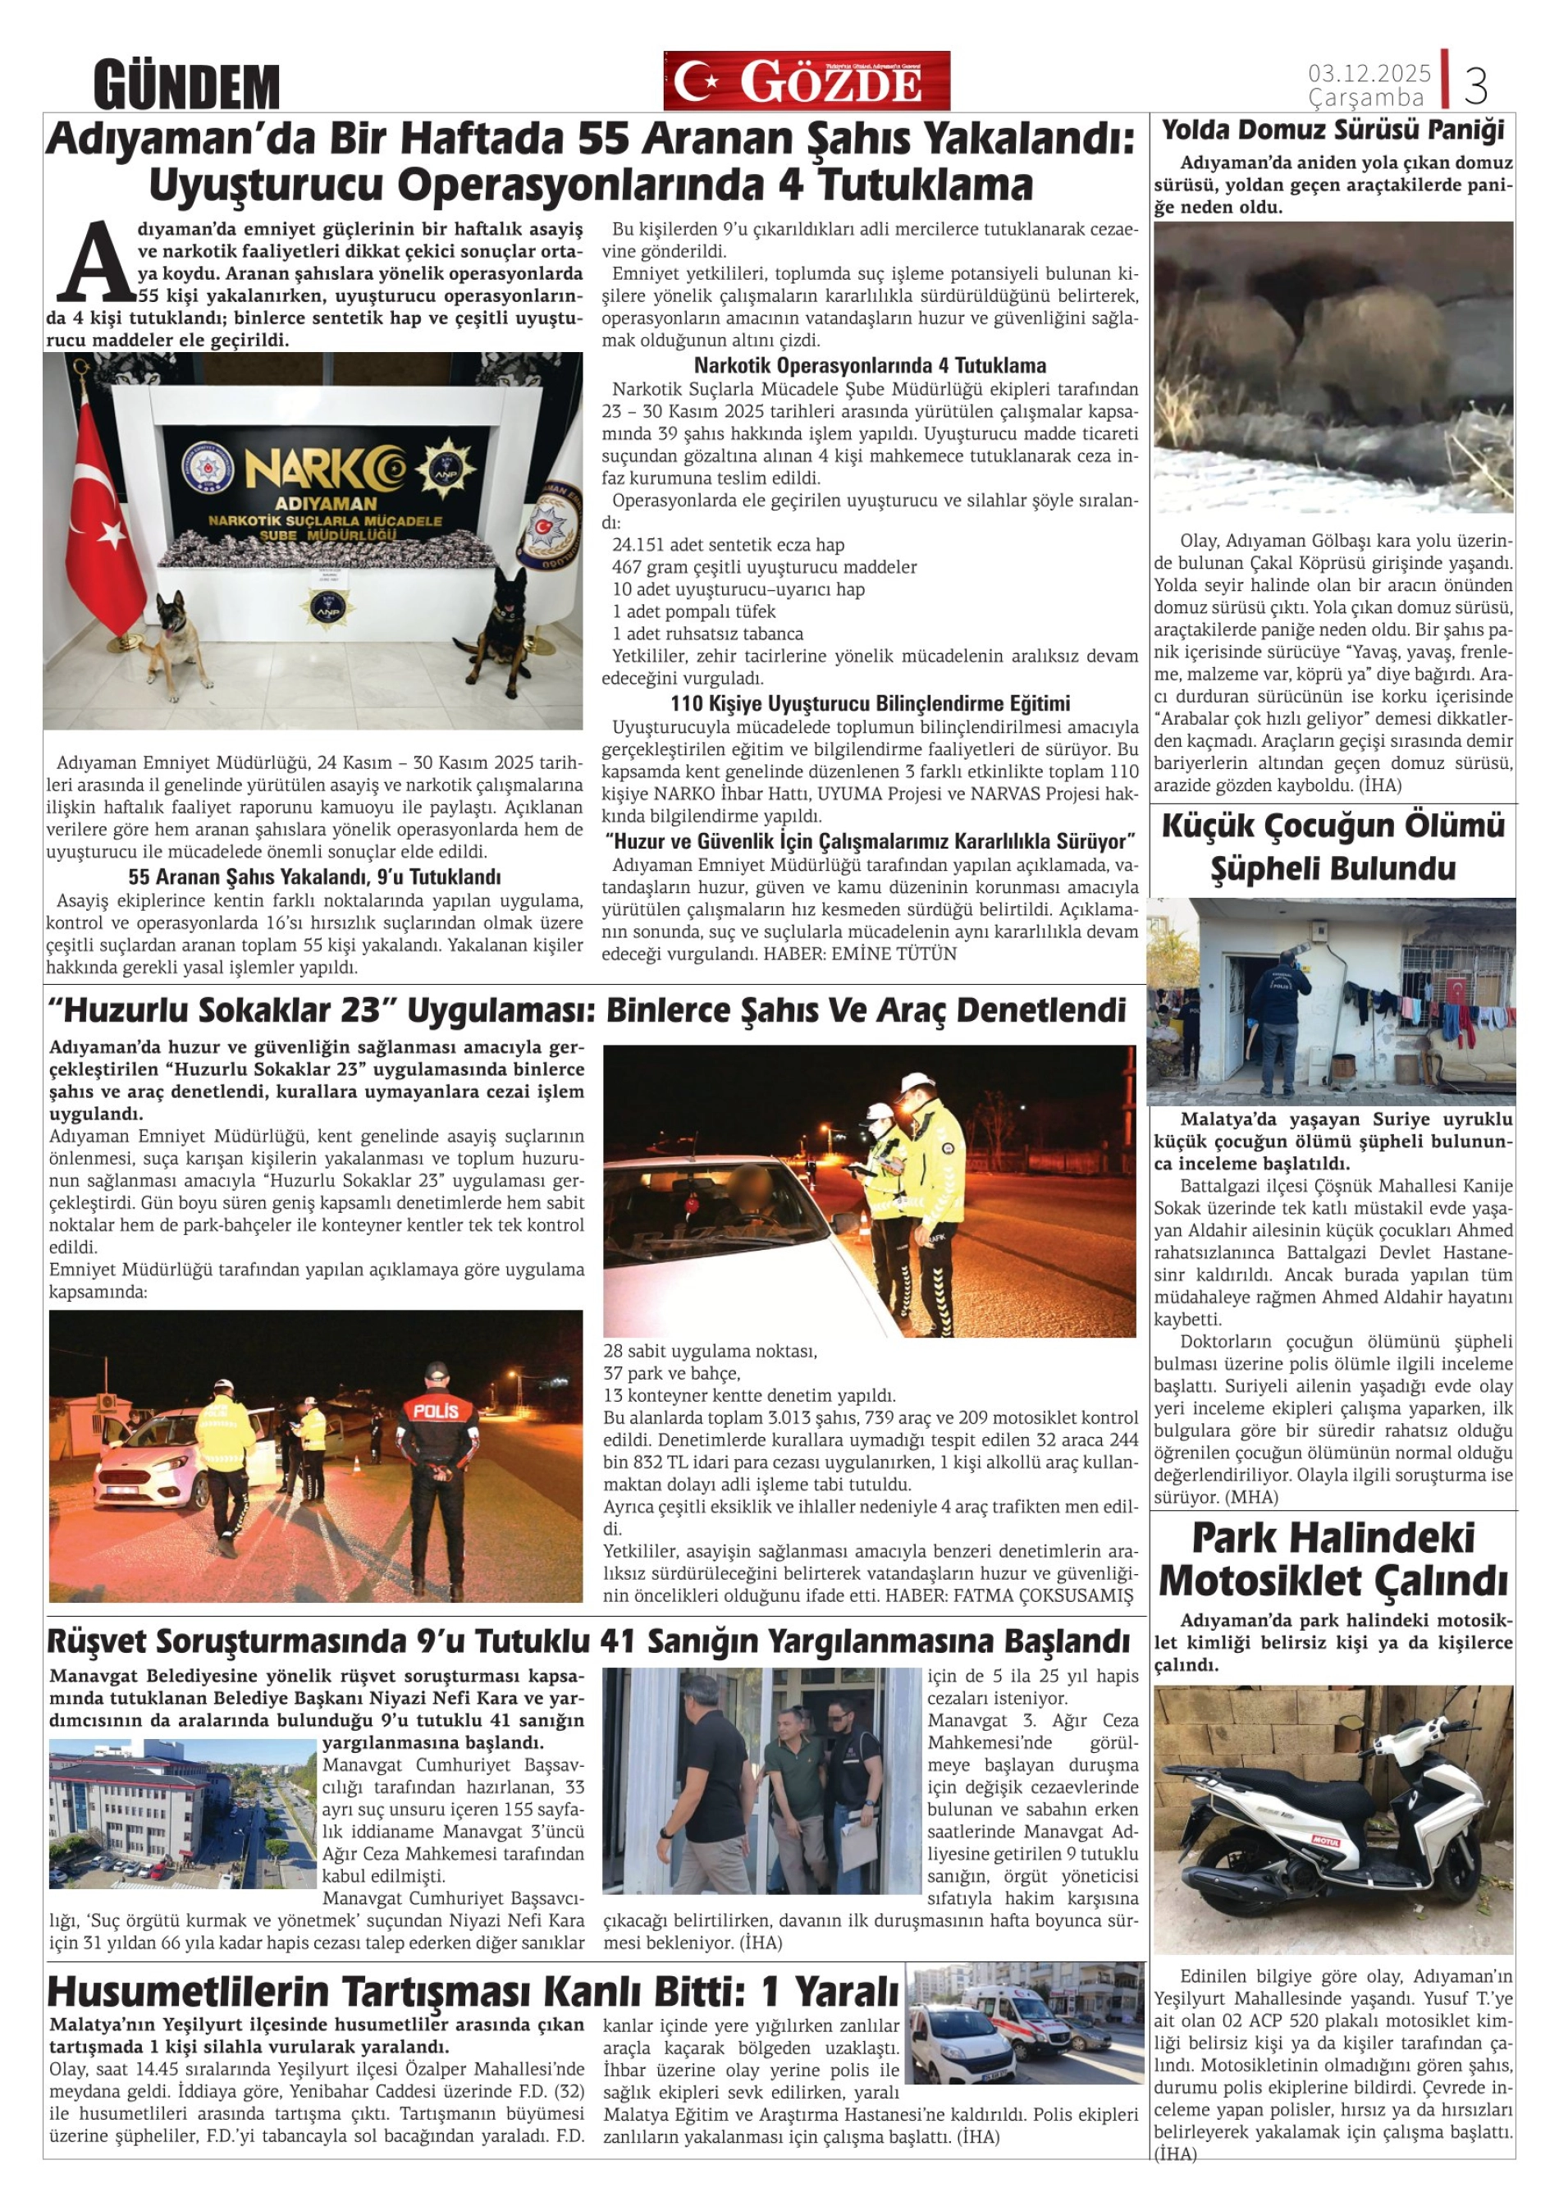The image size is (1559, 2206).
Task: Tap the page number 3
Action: click(x=1475, y=85)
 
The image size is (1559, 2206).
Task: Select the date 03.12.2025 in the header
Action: click(x=1369, y=73)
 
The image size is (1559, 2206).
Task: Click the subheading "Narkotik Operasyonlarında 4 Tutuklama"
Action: click(x=869, y=365)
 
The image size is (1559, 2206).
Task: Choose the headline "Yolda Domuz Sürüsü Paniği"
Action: click(x=1333, y=130)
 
